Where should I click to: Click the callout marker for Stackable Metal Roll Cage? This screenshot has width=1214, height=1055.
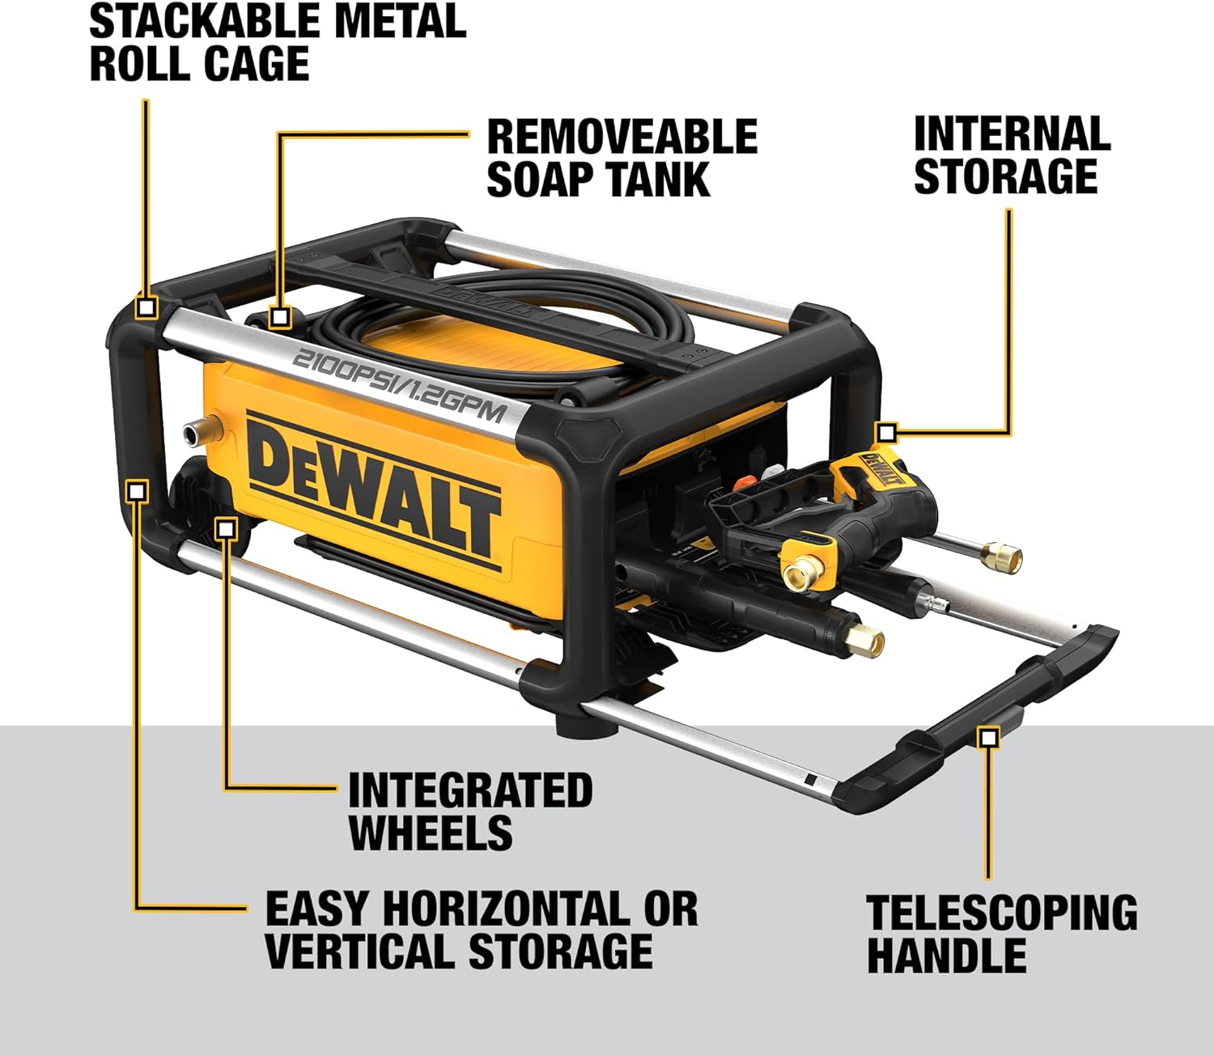[146, 307]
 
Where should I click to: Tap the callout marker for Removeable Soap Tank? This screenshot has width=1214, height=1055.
[279, 316]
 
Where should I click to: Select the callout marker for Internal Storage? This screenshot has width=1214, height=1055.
[886, 433]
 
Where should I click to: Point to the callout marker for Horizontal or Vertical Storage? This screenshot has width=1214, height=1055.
[137, 490]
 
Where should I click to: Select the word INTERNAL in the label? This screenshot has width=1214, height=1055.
[1012, 134]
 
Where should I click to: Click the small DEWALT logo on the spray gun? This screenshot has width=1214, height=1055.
[879, 470]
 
